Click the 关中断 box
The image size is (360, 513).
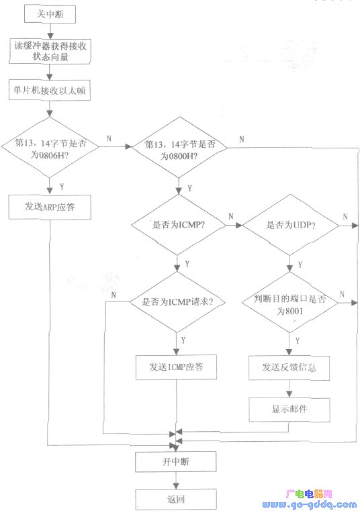coord(50,14)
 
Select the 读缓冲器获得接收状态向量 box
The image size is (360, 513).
coord(50,51)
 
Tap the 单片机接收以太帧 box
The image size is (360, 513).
coord(50,90)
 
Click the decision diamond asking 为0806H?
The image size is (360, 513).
coord(50,147)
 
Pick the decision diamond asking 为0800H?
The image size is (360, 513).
coord(179,148)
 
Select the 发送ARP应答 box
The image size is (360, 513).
coord(50,207)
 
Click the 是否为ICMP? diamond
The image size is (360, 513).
coord(178,225)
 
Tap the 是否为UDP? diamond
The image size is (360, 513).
coord(290,225)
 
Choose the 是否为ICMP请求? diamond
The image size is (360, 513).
coord(177,301)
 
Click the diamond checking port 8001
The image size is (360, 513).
coord(289,303)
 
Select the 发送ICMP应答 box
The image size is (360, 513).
coord(176,367)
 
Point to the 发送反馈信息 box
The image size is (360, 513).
coord(289,368)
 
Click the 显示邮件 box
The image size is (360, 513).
coord(289,410)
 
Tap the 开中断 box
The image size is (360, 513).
coord(176,462)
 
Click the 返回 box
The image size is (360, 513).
coord(176,500)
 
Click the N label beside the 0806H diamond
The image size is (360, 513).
coord(109,139)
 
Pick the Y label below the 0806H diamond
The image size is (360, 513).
coord(62,187)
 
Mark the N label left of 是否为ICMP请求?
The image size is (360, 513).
coord(114,295)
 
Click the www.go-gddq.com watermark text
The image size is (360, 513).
coord(309,505)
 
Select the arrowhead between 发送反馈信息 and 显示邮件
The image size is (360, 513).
coord(289,394)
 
